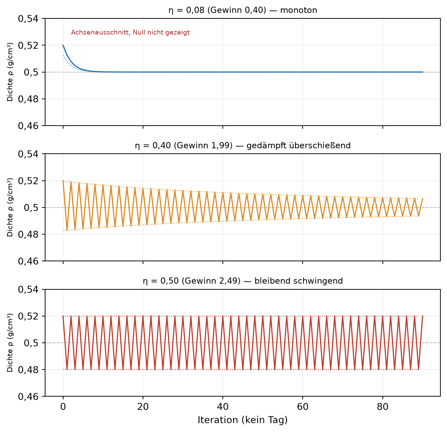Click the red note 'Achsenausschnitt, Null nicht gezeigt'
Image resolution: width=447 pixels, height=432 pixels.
pyautogui.click(x=130, y=32)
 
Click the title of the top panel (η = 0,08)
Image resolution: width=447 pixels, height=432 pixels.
pyautogui.click(x=243, y=10)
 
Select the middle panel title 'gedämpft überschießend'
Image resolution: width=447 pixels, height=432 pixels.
pyautogui.click(x=298, y=146)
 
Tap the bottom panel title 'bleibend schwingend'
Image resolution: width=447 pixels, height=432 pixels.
pyautogui.click(x=298, y=281)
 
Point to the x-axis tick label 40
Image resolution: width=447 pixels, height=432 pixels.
pyautogui.click(x=222, y=407)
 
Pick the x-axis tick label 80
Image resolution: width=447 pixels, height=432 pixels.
pyautogui.click(x=382, y=407)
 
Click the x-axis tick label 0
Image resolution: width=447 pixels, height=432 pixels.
pyautogui.click(x=63, y=407)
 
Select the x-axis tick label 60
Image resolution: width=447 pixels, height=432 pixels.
pyautogui.click(x=303, y=407)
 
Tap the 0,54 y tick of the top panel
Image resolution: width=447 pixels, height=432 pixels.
pyautogui.click(x=28, y=19)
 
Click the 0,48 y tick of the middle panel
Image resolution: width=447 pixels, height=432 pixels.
pyautogui.click(x=28, y=235)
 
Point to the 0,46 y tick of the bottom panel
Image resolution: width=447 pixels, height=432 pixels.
pyautogui.click(x=28, y=397)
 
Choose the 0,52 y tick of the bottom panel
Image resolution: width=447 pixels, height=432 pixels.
pyautogui.click(x=28, y=316)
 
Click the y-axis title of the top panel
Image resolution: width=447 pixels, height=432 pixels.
pyautogui.click(x=10, y=72)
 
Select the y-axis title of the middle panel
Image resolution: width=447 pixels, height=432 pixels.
pyautogui.click(x=10, y=207)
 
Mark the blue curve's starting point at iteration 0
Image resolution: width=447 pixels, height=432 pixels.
pyautogui.click(x=63, y=45)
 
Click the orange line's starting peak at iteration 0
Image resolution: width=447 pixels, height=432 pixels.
pyautogui.click(x=63, y=181)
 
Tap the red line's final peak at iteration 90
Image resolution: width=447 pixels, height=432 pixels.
pyautogui.click(x=422, y=316)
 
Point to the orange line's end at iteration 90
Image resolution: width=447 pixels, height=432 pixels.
pyautogui.click(x=422, y=198)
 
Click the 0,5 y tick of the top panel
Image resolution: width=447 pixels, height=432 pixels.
pyautogui.click(x=31, y=72)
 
